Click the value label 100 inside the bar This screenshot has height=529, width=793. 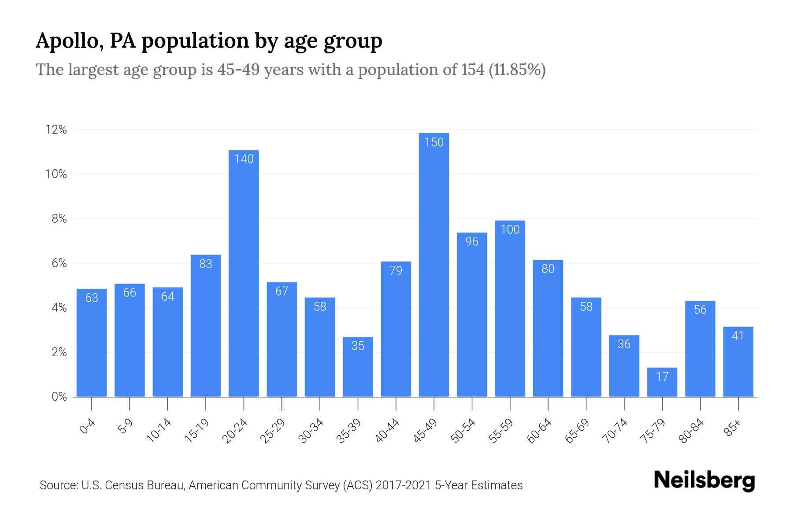click(510, 230)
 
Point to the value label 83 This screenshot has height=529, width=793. click(206, 264)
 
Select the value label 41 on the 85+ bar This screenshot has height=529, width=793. click(738, 336)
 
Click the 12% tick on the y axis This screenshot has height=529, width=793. click(56, 130)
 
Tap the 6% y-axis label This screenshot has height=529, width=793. click(59, 263)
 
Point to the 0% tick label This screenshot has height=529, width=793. click(59, 397)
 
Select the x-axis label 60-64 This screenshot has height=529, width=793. click(539, 431)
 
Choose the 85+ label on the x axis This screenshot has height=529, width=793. click(733, 428)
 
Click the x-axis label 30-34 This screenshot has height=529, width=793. click(311, 431)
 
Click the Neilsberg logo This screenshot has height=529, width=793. click(704, 481)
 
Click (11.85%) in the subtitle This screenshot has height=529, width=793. click(517, 70)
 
